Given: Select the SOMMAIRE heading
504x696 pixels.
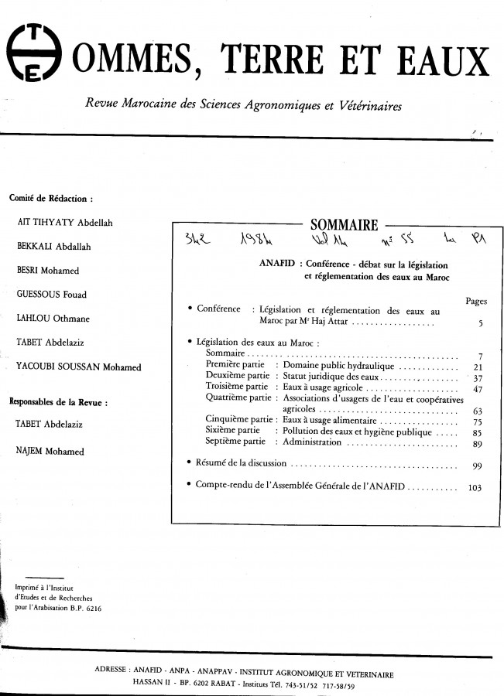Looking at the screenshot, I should [x=344, y=225].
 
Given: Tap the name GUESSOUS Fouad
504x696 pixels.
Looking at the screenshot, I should [x=51, y=294].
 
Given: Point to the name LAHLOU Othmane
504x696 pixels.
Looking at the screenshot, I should [x=51, y=318].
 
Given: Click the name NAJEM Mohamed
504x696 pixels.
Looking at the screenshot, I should [x=50, y=450].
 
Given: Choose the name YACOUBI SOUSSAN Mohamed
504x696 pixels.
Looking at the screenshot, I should [x=78, y=367].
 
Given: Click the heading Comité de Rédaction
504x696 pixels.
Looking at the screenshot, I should [x=51, y=197].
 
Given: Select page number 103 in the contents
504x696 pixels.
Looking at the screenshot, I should [x=475, y=488].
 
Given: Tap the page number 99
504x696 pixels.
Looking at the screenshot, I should [x=477, y=466].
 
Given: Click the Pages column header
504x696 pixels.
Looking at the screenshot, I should [x=476, y=301].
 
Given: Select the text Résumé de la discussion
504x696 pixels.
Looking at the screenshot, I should [x=240, y=463].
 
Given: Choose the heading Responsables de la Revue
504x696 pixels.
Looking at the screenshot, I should [x=57, y=401].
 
